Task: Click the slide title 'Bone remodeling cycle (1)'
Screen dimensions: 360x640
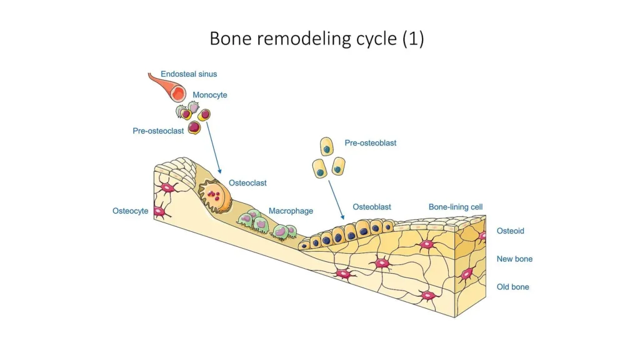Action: click(x=317, y=39)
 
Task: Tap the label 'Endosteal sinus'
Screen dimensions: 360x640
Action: click(x=189, y=74)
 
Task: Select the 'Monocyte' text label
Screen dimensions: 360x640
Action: click(x=210, y=95)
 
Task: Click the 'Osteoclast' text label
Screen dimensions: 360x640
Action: click(x=247, y=183)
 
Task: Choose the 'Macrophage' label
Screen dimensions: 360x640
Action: click(x=291, y=211)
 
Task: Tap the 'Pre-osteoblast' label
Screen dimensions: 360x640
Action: click(x=371, y=143)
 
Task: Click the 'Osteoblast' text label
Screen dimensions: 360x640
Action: click(x=372, y=207)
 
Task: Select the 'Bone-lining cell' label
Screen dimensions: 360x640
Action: click(x=456, y=207)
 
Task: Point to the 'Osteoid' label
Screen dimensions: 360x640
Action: click(x=510, y=231)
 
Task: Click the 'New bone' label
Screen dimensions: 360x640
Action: click(x=514, y=259)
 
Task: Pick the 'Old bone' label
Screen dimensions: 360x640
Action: click(x=512, y=287)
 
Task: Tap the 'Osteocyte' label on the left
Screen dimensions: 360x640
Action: click(x=131, y=211)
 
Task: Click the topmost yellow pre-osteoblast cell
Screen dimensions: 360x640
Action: click(x=327, y=147)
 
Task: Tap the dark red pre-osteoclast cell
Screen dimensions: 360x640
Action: click(x=194, y=127)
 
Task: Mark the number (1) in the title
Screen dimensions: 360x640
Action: click(x=413, y=39)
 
